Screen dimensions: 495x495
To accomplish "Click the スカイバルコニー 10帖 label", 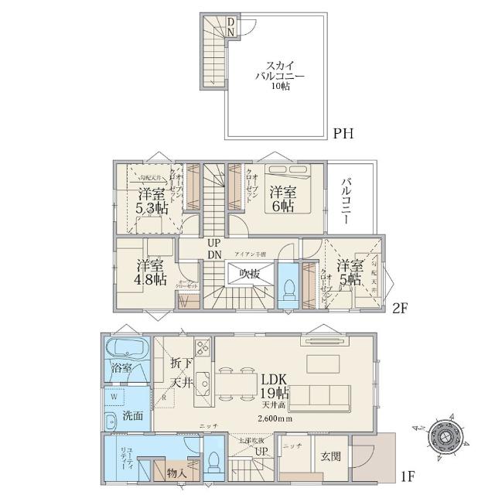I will pos(276,77).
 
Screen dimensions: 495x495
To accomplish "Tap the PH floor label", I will pos(343,134).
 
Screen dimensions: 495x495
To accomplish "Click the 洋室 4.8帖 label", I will pos(149,271).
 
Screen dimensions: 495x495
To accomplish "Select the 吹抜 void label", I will pos(248,274).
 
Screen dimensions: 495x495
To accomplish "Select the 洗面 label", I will pos(133,415).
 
